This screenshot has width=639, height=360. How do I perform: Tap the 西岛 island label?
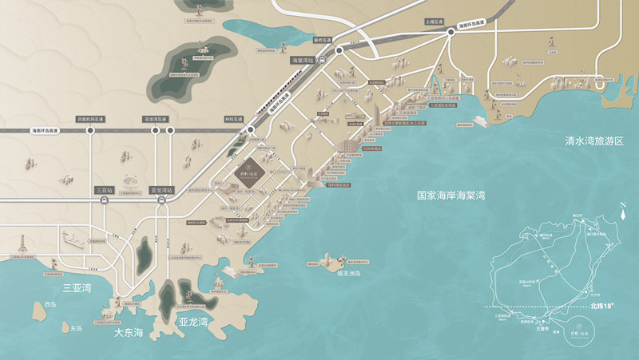(51, 306)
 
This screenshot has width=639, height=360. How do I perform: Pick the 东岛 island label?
(76, 328)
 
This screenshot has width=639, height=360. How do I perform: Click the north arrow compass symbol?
(621, 214)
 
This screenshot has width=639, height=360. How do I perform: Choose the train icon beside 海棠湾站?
(321, 60)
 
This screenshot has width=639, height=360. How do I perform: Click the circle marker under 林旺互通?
(251, 129)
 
